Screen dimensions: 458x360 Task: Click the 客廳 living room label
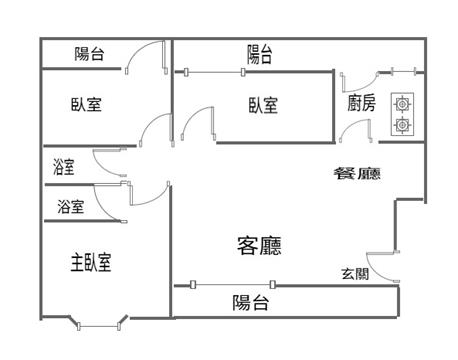[x=259, y=246]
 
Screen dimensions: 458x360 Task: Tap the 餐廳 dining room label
[x=357, y=173]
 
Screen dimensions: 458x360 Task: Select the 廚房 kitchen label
[x=362, y=103]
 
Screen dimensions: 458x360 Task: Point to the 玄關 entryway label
[x=355, y=274]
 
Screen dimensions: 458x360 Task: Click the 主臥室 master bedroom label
[x=91, y=262]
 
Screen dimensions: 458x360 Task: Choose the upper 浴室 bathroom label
[x=64, y=167]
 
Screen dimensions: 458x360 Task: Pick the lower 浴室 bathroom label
[x=71, y=207]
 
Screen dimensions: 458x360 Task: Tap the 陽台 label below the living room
[x=251, y=303]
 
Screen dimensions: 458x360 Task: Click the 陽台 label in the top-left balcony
[x=89, y=54]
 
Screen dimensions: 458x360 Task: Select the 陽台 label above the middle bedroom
[x=260, y=54]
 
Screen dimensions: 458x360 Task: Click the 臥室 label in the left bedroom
[x=86, y=104]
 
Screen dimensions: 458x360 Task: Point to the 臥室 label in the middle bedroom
[x=263, y=105]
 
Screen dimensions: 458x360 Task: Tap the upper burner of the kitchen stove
[x=402, y=104]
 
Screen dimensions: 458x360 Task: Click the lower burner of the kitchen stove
[x=402, y=125]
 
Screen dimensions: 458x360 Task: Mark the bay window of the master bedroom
[x=99, y=324]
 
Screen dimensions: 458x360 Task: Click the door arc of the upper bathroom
[x=102, y=167]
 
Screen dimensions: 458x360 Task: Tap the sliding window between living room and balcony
[x=232, y=284]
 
